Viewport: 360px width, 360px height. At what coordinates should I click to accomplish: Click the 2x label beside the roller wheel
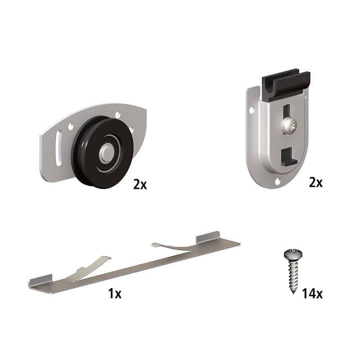(140, 184)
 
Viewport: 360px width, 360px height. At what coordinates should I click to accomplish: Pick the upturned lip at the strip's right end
(207, 238)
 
